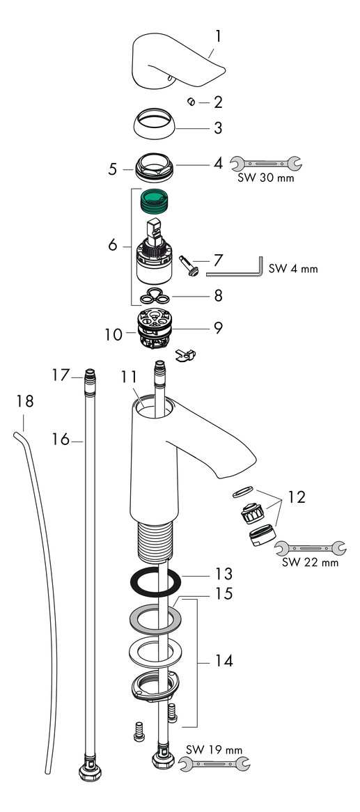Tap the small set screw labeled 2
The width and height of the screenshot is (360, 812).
tap(191, 102)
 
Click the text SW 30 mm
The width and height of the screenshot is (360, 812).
tap(266, 178)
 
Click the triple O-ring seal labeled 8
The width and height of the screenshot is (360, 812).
tap(154, 297)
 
